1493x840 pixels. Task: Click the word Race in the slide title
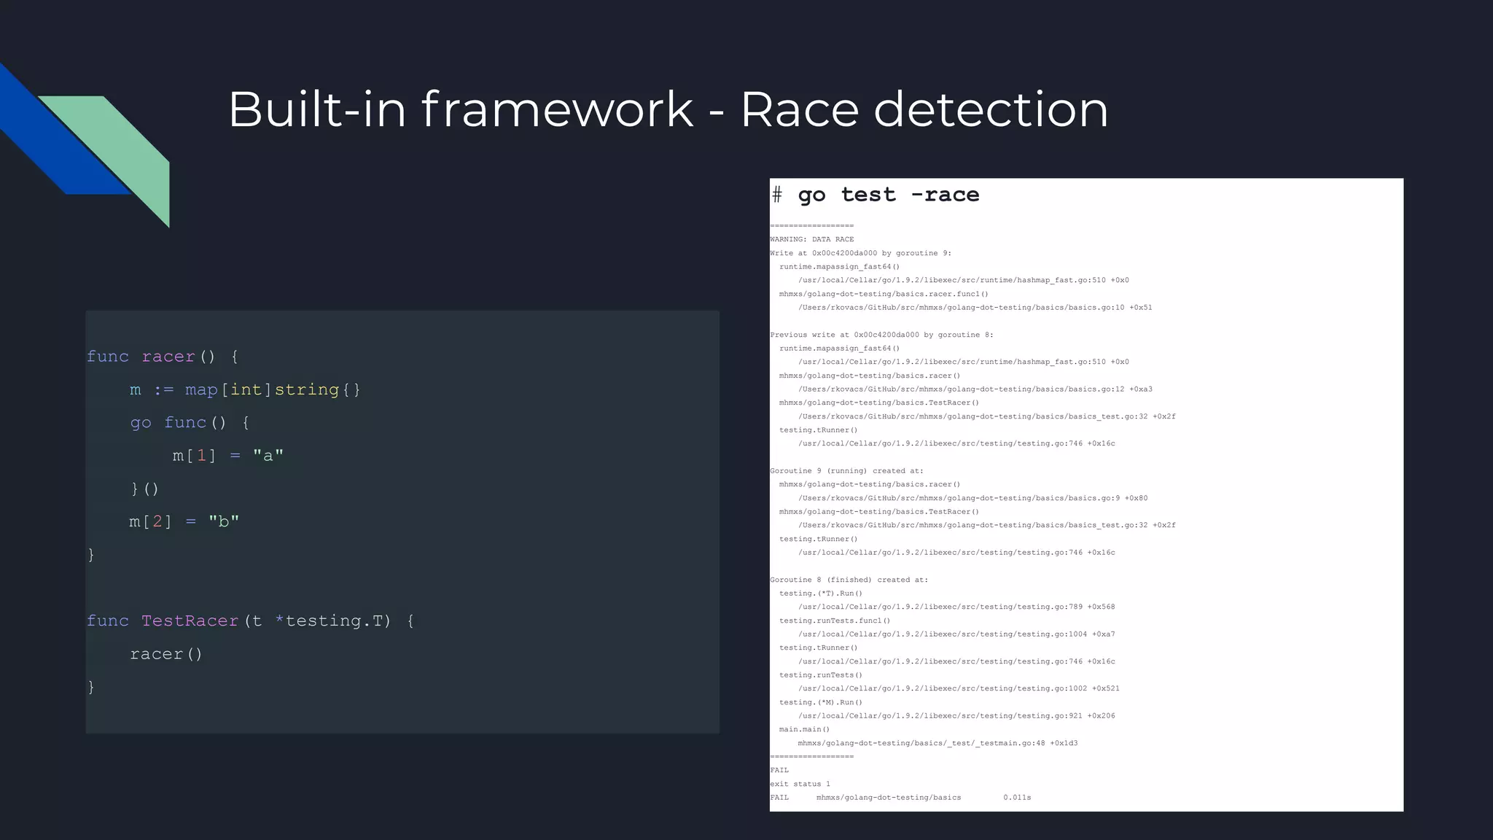pyautogui.click(x=799, y=109)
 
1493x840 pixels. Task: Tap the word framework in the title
pyautogui.click(x=557, y=109)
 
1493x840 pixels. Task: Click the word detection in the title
pyautogui.click(x=991, y=109)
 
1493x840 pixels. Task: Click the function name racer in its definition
pyautogui.click(x=168, y=357)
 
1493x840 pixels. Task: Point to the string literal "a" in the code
pyautogui.click(x=268, y=456)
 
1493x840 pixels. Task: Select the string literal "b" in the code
pyautogui.click(x=224, y=521)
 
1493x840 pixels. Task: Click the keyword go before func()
pyautogui.click(x=141, y=423)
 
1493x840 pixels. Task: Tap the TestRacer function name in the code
pyautogui.click(x=190, y=621)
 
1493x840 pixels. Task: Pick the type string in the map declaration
pyautogui.click(x=306, y=390)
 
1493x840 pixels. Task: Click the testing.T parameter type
pyautogui.click(x=338, y=621)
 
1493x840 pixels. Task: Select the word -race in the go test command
pyautogui.click(x=945, y=195)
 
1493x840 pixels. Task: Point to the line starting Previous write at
pyautogui.click(x=881, y=335)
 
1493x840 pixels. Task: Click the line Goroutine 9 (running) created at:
pyautogui.click(x=846, y=471)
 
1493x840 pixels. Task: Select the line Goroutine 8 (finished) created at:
pyautogui.click(x=849, y=580)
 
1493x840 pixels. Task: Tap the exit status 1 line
pyautogui.click(x=800, y=784)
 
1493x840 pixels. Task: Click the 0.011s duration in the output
pyautogui.click(x=1017, y=798)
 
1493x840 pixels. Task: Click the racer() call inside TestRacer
pyautogui.click(x=166, y=654)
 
